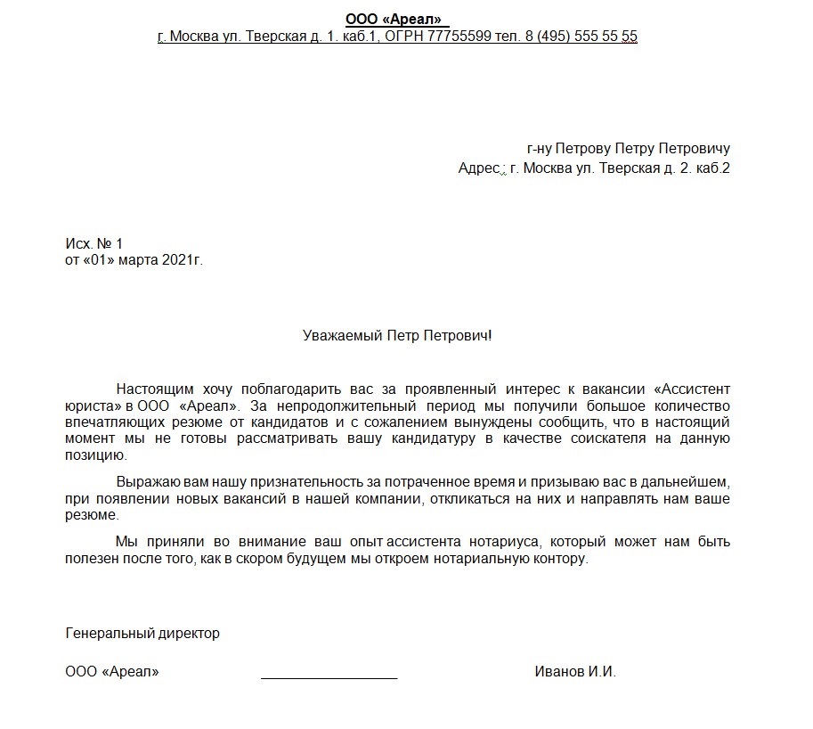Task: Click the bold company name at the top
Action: tap(393, 19)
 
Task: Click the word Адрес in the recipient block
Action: tap(477, 168)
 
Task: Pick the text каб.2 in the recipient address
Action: tap(711, 168)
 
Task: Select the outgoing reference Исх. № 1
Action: tap(93, 243)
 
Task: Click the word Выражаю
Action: tap(145, 481)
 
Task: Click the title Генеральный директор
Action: tap(142, 634)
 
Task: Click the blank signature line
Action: tap(329, 676)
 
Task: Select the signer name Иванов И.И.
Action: tap(575, 672)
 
